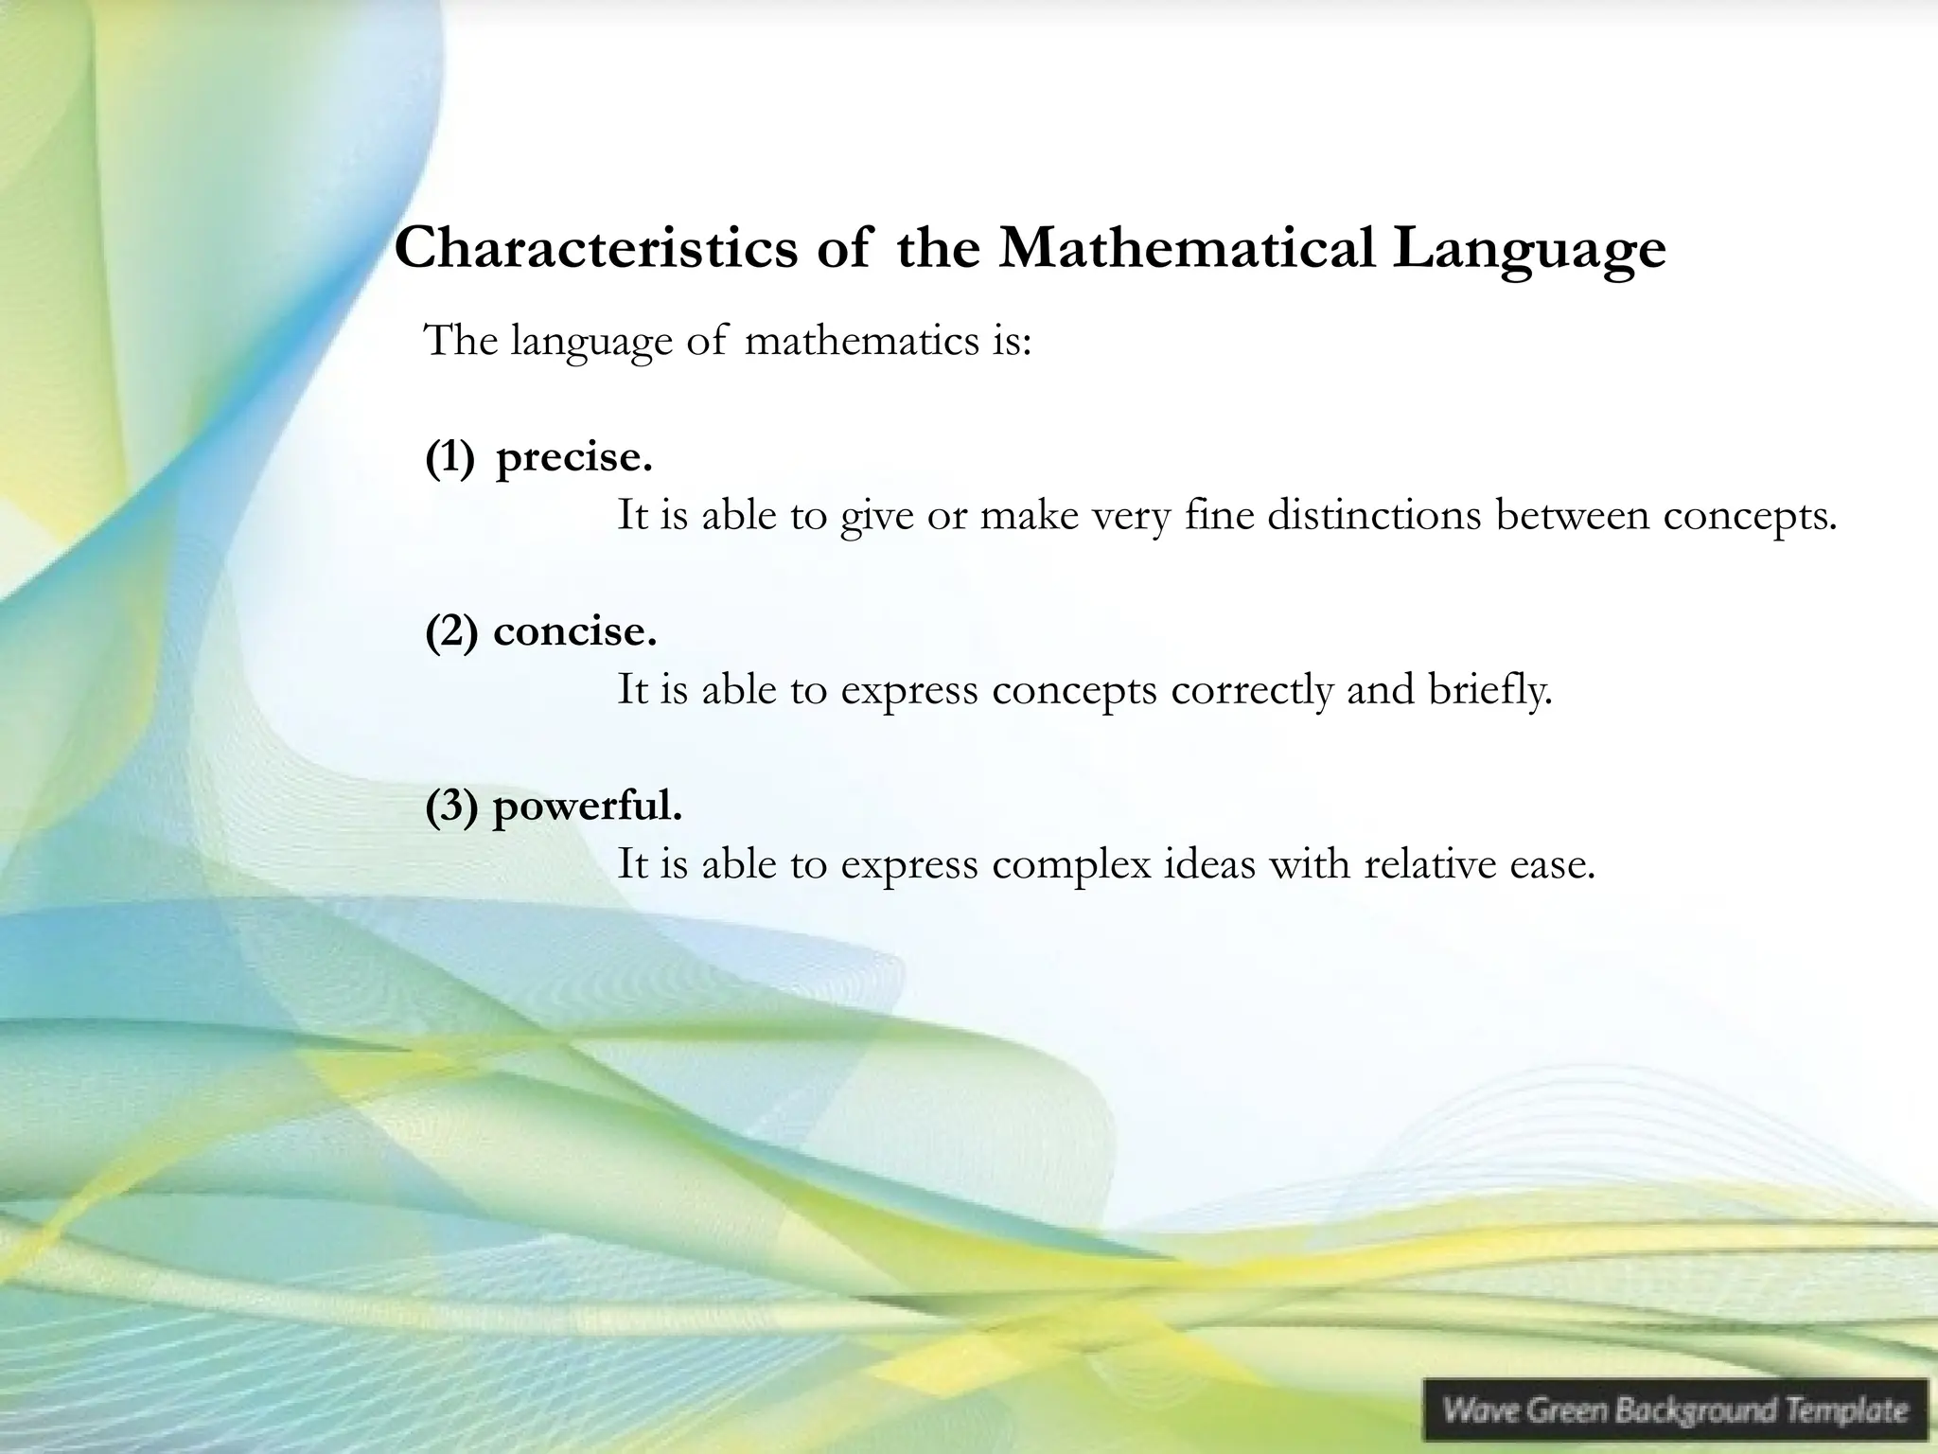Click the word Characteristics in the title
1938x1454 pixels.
596,249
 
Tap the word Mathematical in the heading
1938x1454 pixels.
1187,249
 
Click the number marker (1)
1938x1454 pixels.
449,458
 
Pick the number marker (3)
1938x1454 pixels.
450,807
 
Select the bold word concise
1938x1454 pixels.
574,631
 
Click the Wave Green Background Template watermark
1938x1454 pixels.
1675,1410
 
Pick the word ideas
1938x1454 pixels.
1208,864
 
